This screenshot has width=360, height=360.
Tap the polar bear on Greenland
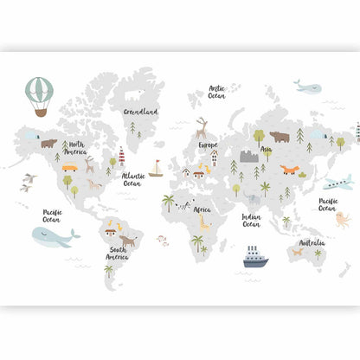[136, 95]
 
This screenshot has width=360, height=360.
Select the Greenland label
[140, 112]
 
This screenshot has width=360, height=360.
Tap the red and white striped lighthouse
[122, 157]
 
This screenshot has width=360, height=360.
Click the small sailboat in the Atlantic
[156, 168]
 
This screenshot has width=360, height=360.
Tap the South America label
[117, 254]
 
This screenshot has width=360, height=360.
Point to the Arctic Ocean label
[215, 92]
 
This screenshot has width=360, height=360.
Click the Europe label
[208, 145]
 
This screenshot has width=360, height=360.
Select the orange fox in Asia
[289, 170]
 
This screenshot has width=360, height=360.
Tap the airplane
[337, 183]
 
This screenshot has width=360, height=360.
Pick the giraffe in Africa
[203, 222]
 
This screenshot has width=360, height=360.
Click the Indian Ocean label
[251, 221]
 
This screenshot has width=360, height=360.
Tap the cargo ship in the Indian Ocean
[255, 256]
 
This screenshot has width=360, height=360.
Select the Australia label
[312, 243]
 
